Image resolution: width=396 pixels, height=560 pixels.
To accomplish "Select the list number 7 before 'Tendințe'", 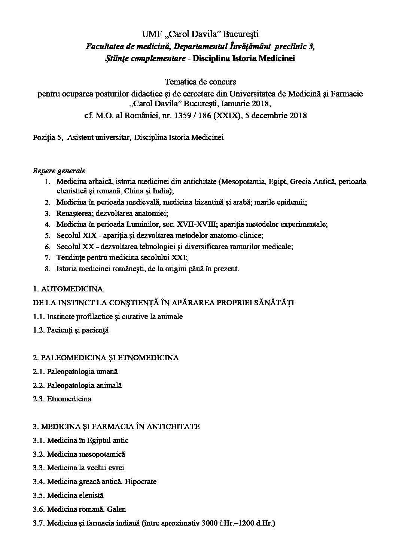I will point(47,258).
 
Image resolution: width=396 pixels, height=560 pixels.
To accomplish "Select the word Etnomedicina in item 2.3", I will point(69,399).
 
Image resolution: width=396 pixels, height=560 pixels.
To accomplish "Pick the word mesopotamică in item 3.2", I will point(102,454).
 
